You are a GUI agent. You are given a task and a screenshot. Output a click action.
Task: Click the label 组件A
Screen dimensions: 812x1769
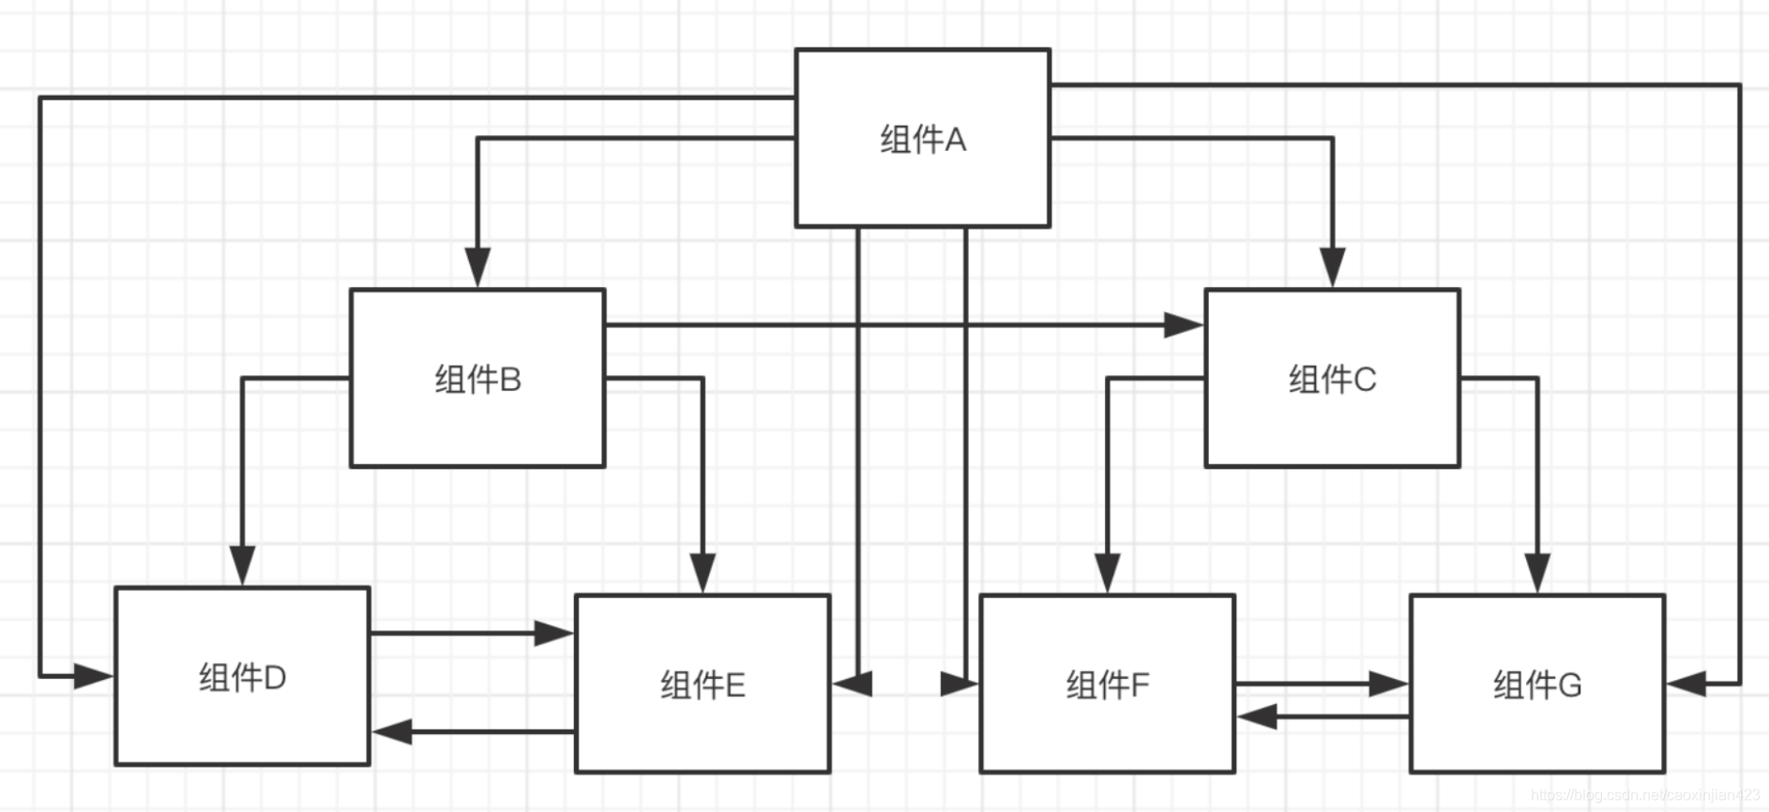(922, 140)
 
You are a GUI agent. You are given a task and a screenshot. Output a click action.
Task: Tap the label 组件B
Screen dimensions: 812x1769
(477, 380)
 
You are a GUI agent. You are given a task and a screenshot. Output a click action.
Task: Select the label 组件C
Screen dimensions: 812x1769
(1332, 380)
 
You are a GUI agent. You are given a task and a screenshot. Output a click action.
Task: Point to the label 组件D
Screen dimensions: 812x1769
(242, 677)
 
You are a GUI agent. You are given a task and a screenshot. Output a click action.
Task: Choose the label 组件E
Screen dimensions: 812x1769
(703, 685)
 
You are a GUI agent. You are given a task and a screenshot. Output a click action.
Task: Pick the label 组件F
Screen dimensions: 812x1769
(1107, 685)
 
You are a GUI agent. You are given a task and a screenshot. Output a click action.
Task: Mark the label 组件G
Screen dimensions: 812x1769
(1537, 685)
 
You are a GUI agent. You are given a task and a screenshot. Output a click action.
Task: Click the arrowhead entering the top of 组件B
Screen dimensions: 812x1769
(477, 268)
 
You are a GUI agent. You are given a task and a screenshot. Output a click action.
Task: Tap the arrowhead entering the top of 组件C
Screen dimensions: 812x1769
(1332, 268)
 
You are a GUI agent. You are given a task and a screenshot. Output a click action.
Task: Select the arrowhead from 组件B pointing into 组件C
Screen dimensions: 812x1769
(1184, 325)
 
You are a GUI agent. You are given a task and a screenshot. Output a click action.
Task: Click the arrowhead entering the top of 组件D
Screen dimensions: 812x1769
(242, 566)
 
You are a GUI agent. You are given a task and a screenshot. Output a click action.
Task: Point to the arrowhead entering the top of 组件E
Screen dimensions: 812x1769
(703, 573)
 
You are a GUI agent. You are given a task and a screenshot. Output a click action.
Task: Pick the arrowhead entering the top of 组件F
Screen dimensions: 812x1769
(1107, 573)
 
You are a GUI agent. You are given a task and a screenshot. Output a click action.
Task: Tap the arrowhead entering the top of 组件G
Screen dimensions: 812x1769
(1537, 573)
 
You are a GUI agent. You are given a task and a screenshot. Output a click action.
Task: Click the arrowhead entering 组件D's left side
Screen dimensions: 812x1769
(94, 676)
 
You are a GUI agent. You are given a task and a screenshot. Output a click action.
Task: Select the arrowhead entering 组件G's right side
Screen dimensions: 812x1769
(1686, 684)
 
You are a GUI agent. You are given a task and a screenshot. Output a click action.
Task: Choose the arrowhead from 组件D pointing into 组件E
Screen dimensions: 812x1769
(553, 633)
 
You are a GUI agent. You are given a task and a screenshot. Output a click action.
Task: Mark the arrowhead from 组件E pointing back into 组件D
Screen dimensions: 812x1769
(392, 731)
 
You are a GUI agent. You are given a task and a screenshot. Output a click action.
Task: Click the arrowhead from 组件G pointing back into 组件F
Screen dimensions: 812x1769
(1257, 717)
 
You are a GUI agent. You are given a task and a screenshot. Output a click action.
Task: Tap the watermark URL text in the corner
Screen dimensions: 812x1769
(1645, 795)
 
